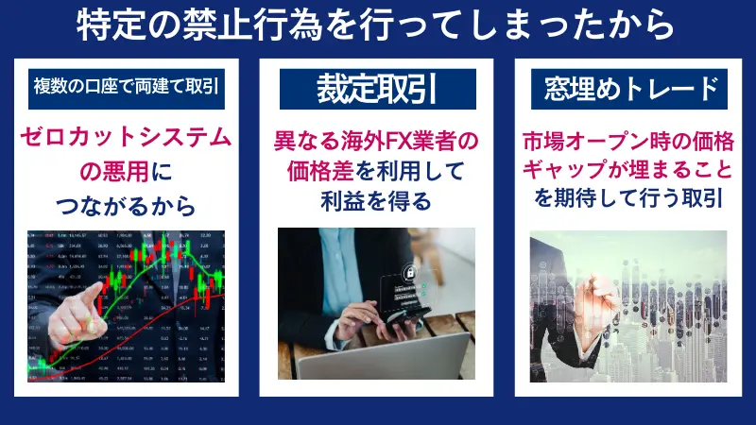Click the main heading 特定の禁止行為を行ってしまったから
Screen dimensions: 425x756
pos(377,25)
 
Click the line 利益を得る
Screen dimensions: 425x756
pos(377,201)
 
